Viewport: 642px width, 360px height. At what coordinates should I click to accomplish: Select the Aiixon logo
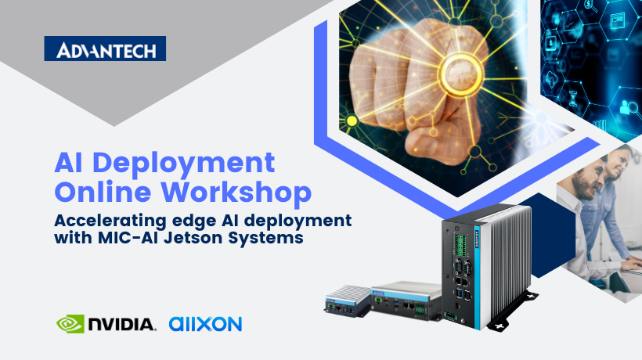point(205,322)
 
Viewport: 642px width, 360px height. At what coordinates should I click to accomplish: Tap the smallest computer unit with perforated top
point(346,301)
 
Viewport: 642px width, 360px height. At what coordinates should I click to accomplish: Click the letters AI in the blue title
point(70,164)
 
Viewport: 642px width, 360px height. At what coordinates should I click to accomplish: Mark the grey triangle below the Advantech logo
point(114,98)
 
